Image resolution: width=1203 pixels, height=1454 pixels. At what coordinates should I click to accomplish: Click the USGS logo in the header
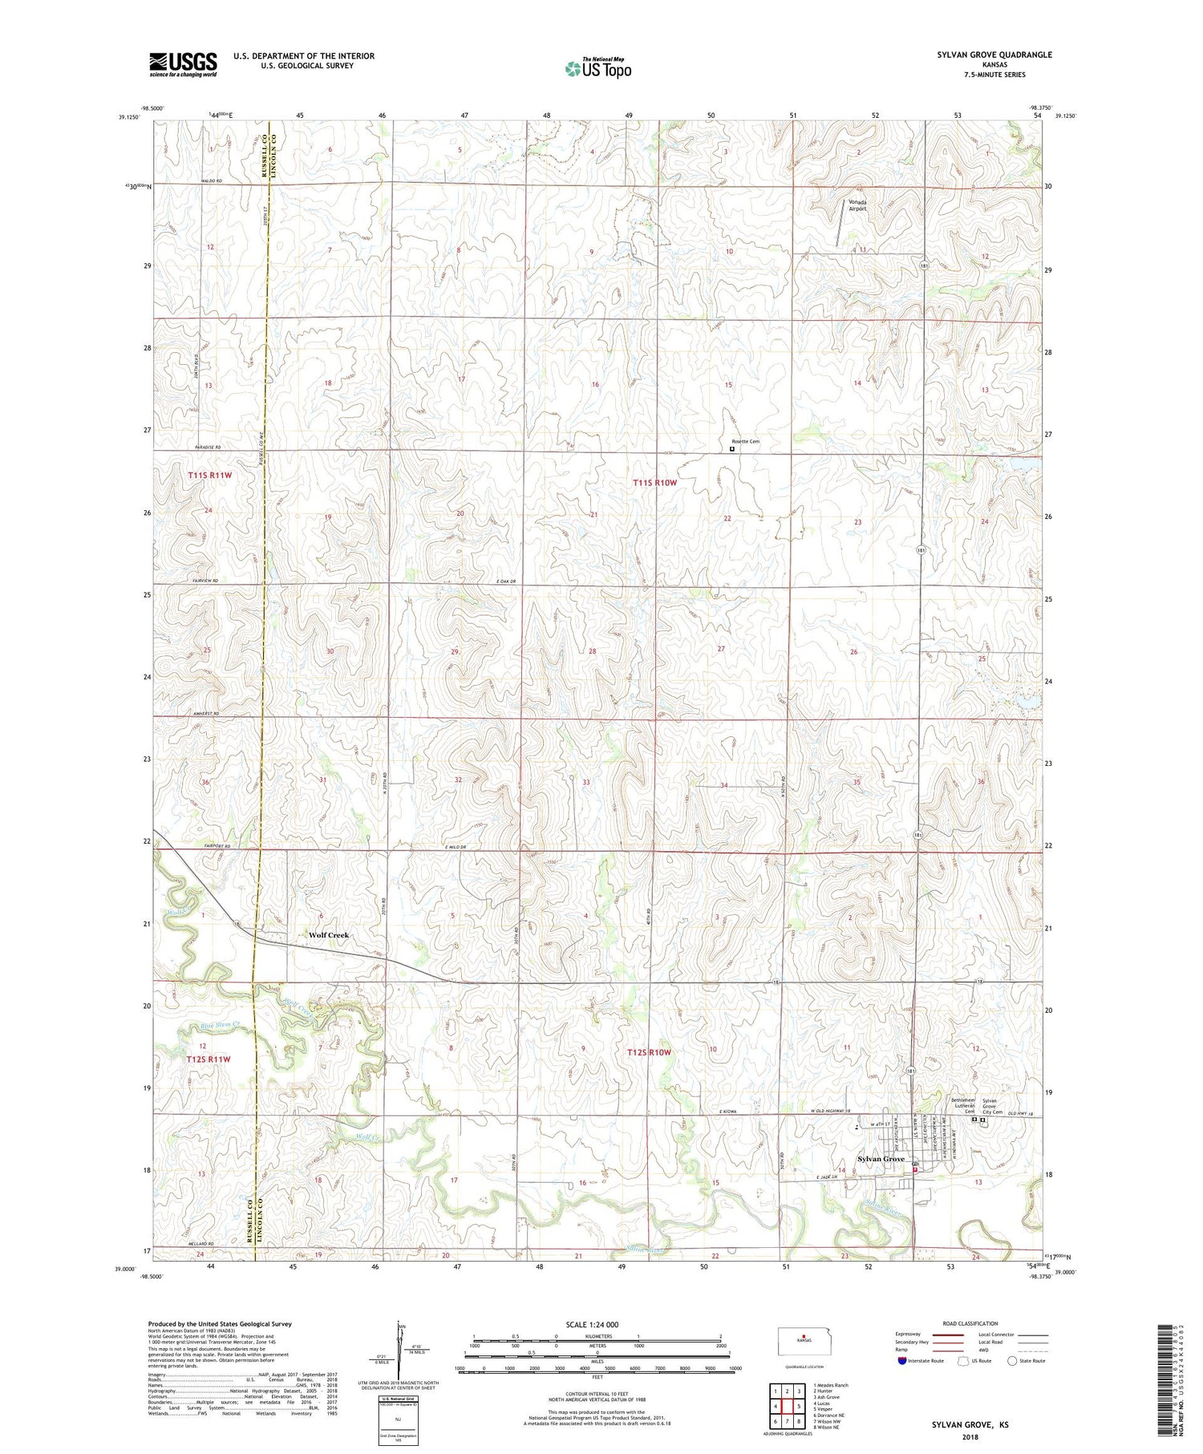tap(183, 64)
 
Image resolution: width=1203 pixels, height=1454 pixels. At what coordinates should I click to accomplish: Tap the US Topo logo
tap(597, 68)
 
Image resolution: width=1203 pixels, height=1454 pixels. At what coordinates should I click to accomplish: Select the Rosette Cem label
tap(744, 441)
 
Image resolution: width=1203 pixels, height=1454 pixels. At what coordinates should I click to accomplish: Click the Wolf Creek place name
tap(329, 935)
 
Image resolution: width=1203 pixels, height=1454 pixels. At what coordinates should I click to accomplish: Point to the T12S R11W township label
tap(209, 1059)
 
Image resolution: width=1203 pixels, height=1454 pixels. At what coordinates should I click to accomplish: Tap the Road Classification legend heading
tap(970, 1323)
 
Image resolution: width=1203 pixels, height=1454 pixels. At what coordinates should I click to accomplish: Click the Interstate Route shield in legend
tap(902, 1361)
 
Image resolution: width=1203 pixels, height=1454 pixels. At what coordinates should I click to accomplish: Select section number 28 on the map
tap(592, 651)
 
